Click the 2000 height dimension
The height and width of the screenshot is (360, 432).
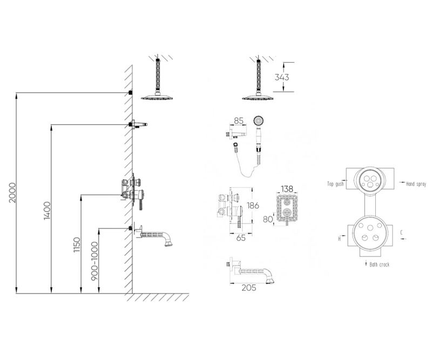(x=12, y=192)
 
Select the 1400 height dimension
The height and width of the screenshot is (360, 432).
(x=47, y=211)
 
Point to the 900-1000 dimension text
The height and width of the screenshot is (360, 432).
(x=94, y=261)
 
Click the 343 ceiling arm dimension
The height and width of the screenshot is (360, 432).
(x=282, y=77)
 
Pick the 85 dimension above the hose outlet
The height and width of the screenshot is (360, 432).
(x=239, y=121)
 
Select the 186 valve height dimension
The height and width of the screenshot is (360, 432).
(x=253, y=206)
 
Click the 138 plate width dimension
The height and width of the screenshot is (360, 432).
(x=287, y=189)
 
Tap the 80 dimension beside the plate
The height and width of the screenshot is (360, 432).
(x=267, y=219)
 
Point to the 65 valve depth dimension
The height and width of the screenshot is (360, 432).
(x=241, y=238)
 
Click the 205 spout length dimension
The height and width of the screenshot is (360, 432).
(x=249, y=288)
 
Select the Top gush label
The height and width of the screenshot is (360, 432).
(x=335, y=184)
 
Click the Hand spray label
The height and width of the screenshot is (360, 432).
(x=416, y=184)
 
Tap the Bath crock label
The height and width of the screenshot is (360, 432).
(x=380, y=264)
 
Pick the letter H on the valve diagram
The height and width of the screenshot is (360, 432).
(x=339, y=239)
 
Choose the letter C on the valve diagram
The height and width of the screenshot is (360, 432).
(x=402, y=233)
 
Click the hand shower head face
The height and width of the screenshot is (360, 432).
(x=259, y=121)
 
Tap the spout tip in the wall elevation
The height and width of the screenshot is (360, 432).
(x=168, y=244)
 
